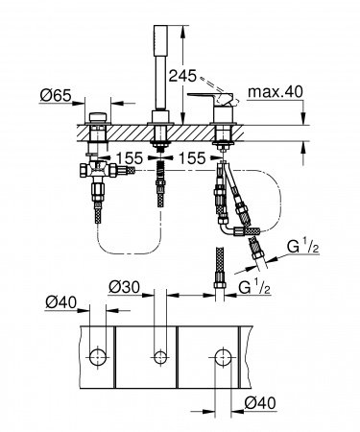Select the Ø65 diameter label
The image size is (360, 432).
click(x=55, y=96)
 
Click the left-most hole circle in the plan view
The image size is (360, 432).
click(x=96, y=356)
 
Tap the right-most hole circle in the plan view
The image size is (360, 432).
click(x=222, y=356)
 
